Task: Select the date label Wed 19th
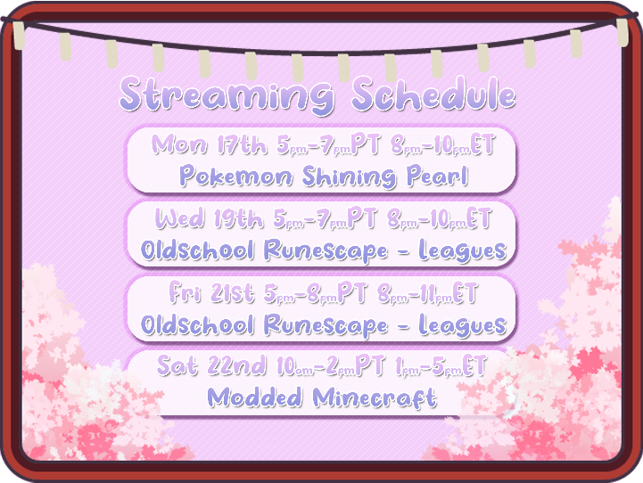[210, 218]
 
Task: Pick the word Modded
[256, 397]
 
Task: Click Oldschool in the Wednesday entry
[197, 251]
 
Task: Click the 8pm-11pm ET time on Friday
[428, 292]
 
